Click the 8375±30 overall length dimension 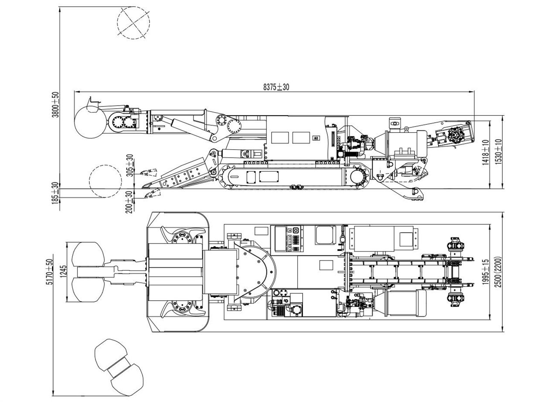pos(276,87)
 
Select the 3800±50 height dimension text pos(55,105)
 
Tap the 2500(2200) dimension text pos(499,272)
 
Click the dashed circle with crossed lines pos(133,21)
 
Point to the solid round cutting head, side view pos(90,122)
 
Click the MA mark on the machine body pos(316,138)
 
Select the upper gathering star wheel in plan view pos(181,237)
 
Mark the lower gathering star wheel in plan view pos(181,307)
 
